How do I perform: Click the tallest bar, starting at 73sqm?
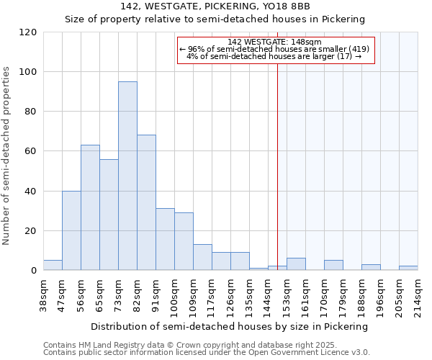[127, 176]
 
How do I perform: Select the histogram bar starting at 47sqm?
[71, 230]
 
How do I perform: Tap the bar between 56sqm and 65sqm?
[90, 207]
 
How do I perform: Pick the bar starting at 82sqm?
[146, 202]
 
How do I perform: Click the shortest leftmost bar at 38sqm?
[53, 265]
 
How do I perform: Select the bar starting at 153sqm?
[296, 264]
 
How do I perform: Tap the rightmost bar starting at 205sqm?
[408, 268]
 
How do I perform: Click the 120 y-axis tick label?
[29, 32]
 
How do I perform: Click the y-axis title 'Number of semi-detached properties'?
[6, 156]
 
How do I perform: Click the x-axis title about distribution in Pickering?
[230, 326]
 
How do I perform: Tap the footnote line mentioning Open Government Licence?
[206, 353]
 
